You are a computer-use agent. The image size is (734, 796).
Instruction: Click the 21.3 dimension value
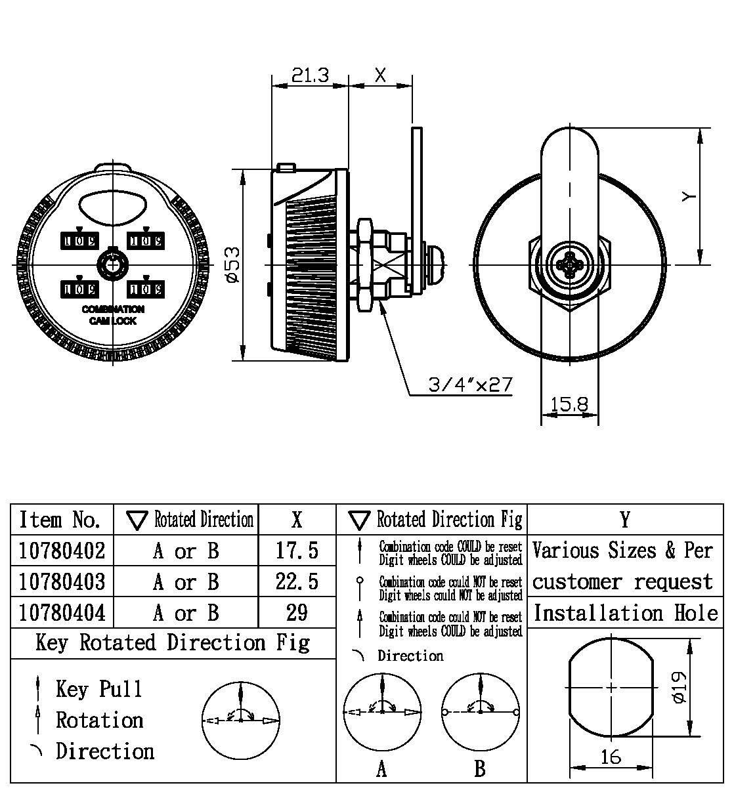(x=310, y=75)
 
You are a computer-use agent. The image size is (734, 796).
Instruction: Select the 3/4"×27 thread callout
(x=470, y=385)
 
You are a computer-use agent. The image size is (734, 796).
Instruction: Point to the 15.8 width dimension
(x=569, y=404)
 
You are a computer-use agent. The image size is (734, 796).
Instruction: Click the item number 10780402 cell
(x=62, y=551)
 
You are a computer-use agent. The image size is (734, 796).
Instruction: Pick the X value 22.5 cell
(x=297, y=581)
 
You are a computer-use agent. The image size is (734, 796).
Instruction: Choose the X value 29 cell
(x=297, y=612)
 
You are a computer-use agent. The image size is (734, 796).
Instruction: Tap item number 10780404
(x=62, y=612)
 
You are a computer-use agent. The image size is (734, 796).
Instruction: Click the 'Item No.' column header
(x=60, y=520)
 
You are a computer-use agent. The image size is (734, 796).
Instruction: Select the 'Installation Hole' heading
(x=625, y=613)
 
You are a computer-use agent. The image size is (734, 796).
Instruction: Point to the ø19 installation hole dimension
(x=680, y=686)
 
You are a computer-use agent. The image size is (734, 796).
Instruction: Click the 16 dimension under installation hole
(x=611, y=757)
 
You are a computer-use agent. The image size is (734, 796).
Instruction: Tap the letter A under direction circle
(x=381, y=768)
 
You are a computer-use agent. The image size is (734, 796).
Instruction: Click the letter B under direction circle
(x=480, y=768)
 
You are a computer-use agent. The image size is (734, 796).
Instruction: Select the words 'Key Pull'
(x=99, y=689)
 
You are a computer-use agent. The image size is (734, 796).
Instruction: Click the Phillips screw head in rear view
(x=569, y=266)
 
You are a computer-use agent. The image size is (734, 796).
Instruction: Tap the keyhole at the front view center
(x=112, y=264)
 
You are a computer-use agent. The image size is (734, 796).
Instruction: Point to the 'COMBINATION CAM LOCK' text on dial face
(x=113, y=315)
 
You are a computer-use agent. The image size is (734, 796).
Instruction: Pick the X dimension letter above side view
(x=380, y=75)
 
